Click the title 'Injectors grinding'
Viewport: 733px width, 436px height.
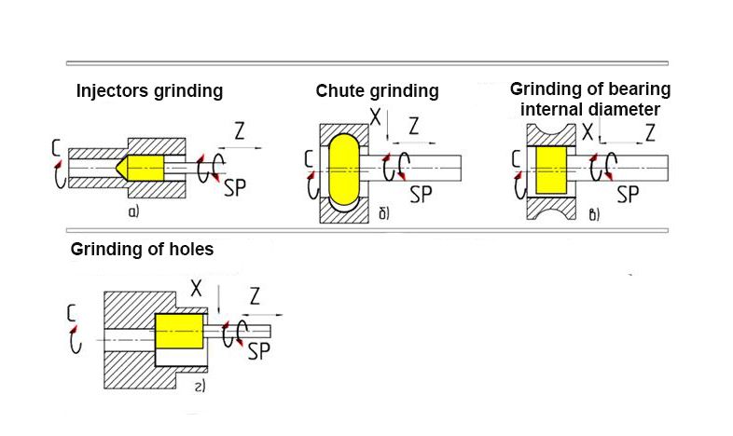149,91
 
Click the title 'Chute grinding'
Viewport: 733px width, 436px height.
377,91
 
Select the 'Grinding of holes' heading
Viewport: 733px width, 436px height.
143,250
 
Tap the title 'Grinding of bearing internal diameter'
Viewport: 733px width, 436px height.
589,99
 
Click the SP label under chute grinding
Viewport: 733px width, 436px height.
422,195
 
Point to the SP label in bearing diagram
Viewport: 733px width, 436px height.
628,194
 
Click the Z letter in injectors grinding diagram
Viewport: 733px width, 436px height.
239,132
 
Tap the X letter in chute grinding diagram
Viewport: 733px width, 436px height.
378,117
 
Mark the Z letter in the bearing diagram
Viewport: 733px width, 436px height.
649,131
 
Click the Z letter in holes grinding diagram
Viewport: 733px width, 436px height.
255,297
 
